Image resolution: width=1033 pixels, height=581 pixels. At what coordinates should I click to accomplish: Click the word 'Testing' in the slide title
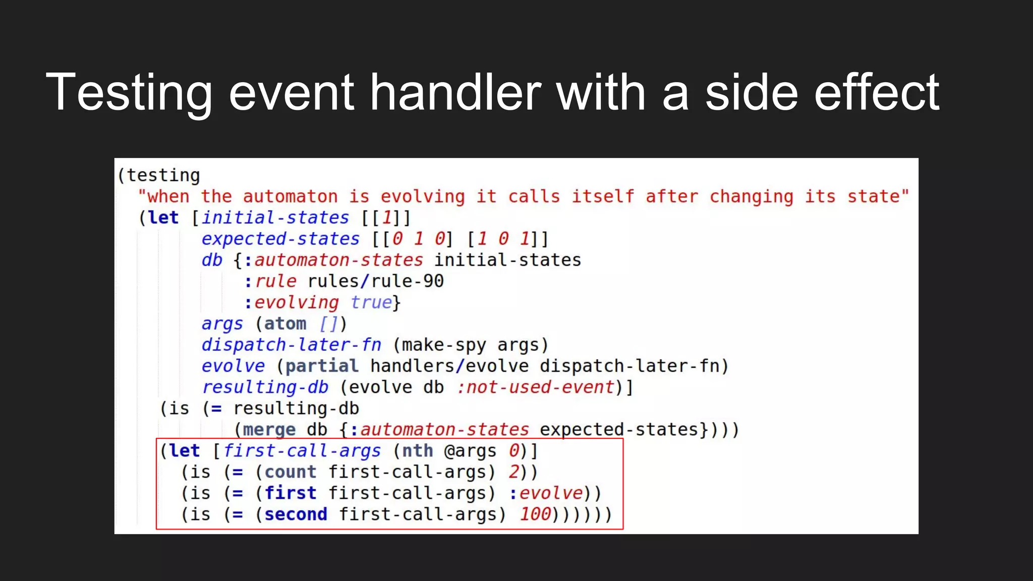pos(129,93)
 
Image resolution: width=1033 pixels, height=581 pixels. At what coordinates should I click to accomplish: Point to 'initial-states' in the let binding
pos(275,217)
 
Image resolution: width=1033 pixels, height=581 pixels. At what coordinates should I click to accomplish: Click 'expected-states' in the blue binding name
pos(280,239)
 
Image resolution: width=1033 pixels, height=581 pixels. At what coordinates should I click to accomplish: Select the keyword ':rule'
pos(270,281)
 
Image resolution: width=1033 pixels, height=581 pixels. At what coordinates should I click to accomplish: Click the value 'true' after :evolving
pos(371,302)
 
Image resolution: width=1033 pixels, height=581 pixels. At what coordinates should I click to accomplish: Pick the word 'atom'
pos(285,323)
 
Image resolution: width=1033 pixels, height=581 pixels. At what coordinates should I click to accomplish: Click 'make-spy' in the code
pos(444,344)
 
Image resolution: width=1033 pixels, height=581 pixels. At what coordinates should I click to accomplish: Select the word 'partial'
pos(322,366)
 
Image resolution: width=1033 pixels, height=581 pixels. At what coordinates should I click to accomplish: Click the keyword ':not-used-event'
pos(535,387)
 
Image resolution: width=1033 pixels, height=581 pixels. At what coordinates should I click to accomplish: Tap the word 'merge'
pos(269,429)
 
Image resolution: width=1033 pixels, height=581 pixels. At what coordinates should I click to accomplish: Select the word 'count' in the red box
pos(291,472)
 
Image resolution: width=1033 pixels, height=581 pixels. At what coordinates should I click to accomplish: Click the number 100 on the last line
pos(535,514)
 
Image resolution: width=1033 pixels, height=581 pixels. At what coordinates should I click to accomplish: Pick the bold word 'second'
pos(296,514)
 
